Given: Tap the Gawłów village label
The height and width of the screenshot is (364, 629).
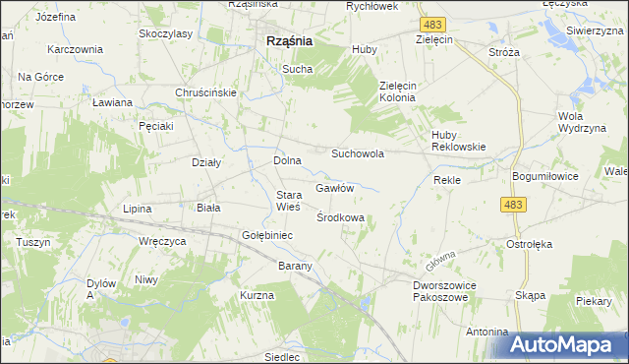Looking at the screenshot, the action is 334,187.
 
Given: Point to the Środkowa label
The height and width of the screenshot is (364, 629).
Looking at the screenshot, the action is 341,217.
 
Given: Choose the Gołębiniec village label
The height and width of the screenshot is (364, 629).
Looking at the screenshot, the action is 262,236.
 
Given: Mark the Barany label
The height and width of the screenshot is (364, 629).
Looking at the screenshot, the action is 294,266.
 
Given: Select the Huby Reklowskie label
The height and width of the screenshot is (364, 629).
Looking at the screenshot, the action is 459,141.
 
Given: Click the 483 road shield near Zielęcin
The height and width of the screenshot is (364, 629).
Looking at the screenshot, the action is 429,23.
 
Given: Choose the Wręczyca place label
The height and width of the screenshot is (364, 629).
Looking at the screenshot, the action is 162,240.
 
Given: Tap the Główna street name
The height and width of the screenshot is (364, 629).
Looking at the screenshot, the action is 441,262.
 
